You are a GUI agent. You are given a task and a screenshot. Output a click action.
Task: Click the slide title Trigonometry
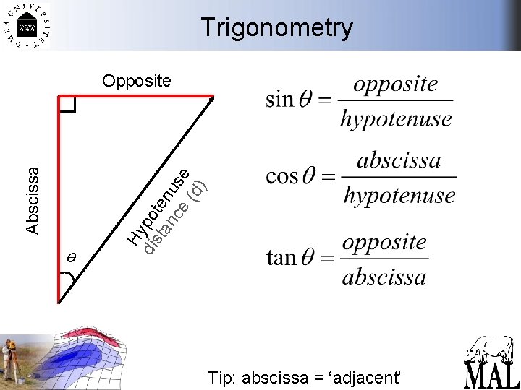tap(277, 27)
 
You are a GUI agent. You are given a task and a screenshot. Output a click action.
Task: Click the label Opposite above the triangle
tap(137, 80)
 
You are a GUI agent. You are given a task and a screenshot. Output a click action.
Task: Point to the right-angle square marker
tap(67, 105)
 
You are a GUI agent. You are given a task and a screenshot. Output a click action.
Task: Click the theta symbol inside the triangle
tap(71, 256)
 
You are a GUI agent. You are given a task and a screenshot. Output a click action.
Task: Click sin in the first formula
tap(279, 99)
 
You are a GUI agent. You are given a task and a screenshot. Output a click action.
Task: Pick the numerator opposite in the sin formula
tap(396, 84)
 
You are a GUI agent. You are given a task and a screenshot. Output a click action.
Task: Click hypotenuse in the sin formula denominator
tap(396, 118)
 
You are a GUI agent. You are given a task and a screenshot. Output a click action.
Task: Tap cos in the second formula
tap(282, 176)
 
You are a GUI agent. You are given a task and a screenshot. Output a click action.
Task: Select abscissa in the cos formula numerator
tap(399, 160)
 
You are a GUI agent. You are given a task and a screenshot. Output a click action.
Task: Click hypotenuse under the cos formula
tap(399, 195)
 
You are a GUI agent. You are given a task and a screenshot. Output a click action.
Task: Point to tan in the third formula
tap(281, 257)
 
